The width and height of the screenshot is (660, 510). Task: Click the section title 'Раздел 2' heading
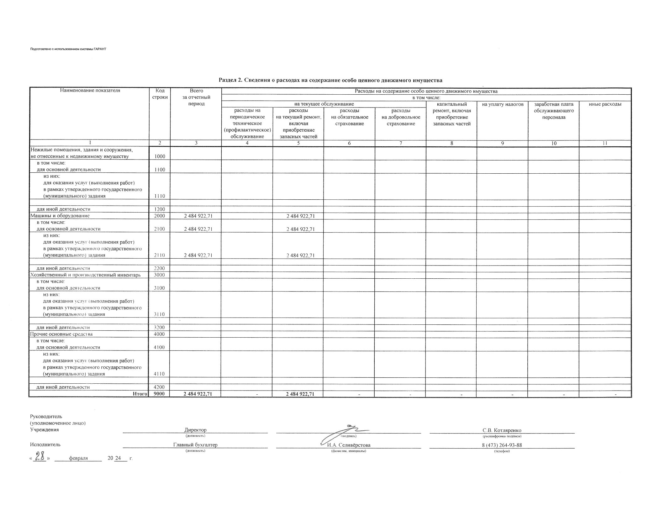pos(330,80)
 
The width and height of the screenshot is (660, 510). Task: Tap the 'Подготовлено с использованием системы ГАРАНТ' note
pos(68,49)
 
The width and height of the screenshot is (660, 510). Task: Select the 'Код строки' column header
pos(160,94)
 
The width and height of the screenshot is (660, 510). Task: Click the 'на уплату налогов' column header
pos(502,104)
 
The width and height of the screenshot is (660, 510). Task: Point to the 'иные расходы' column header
pos(605,104)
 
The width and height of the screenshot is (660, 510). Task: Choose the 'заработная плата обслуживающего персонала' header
pos(554,111)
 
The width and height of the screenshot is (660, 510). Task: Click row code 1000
pos(160,156)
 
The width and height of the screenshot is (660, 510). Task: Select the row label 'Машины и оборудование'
pos(60,216)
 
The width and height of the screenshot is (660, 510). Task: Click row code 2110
pos(160,255)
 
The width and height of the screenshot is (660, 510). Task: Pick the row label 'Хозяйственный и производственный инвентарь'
pos(85,275)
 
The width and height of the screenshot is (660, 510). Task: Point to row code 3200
pos(160,328)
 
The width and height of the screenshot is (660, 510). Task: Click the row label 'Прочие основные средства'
pos(61,334)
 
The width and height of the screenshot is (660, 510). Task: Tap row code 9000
pos(160,394)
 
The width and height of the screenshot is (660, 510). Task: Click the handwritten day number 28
pos(40,457)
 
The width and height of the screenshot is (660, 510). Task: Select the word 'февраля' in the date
pos(78,458)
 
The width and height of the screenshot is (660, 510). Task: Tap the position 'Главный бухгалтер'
pos(195,445)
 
